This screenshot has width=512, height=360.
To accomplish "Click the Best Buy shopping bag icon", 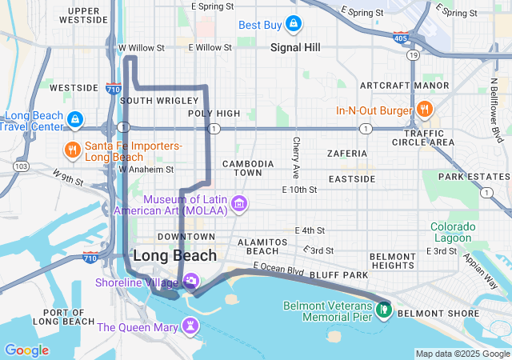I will coord(294,24).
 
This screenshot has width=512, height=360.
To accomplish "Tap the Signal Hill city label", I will coord(295,48).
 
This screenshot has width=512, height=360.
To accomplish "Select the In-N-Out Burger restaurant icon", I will coord(425,110).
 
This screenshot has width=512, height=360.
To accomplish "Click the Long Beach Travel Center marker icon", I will coord(74,120).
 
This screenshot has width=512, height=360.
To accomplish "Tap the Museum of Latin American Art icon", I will coord(238,205).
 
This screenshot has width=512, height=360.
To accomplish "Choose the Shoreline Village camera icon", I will coord(191,281).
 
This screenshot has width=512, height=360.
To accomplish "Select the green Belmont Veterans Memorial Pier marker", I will coord(384,307).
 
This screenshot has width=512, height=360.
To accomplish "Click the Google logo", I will coord(26,350).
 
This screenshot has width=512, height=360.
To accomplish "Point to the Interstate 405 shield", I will coord(399,37).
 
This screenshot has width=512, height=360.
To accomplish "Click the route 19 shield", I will coord(413,55).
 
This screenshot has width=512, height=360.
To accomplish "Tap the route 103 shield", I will coord(21,166).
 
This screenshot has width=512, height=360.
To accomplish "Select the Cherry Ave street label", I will coord(296,157).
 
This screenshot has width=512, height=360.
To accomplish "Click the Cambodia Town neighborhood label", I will coord(248,168).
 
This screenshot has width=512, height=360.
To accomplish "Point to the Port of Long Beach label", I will coord(69,317).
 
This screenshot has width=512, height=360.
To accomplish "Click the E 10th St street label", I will coord(300,190).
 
